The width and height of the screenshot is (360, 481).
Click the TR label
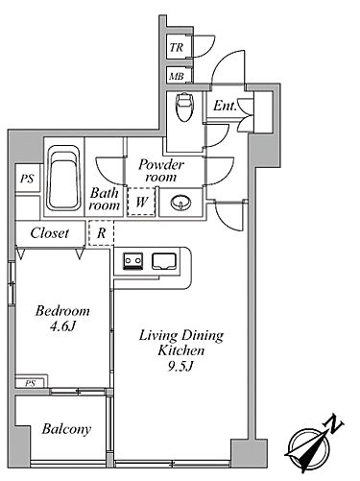coord(177,47)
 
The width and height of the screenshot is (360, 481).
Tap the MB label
coord(177,77)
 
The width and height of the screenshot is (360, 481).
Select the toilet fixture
coord(183,107)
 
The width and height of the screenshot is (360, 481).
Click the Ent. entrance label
coord(225,106)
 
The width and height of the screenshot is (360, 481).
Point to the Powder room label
coord(161,171)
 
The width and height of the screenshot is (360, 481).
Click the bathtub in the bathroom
coord(63,178)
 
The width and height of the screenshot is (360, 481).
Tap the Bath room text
coord(104,199)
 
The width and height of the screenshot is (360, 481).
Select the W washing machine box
coord(141,202)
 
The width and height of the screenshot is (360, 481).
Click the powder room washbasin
coord(180,203)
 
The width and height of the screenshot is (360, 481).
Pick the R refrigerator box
coord(101,233)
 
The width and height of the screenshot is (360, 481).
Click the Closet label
coord(50,232)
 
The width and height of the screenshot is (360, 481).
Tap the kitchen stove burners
coord(133,261)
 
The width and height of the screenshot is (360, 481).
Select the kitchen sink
coord(164,261)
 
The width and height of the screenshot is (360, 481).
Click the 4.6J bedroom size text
coord(62,326)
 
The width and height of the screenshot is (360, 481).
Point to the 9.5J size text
coord(180,366)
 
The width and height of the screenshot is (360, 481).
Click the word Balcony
coord(66,429)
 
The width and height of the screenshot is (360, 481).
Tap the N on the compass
coord(334,424)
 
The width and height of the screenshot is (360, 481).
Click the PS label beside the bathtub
coord(27,179)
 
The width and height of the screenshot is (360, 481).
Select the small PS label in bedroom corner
coord(31,383)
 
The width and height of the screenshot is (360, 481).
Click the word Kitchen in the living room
coord(181,350)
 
